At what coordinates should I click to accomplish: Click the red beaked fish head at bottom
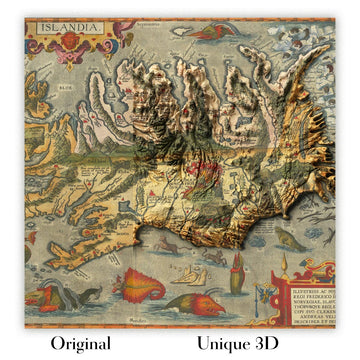coord(194,303)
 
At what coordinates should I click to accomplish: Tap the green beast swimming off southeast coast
coord(289,241)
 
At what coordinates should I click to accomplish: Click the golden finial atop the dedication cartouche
coord(284,266)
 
